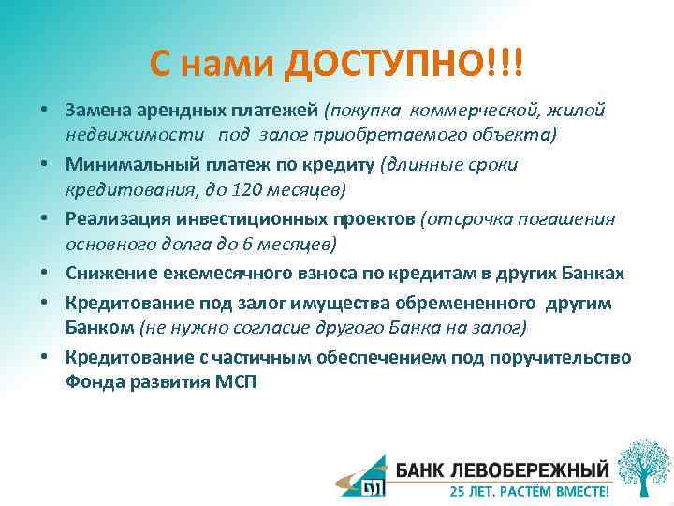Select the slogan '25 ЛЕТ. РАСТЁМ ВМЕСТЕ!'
529,489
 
